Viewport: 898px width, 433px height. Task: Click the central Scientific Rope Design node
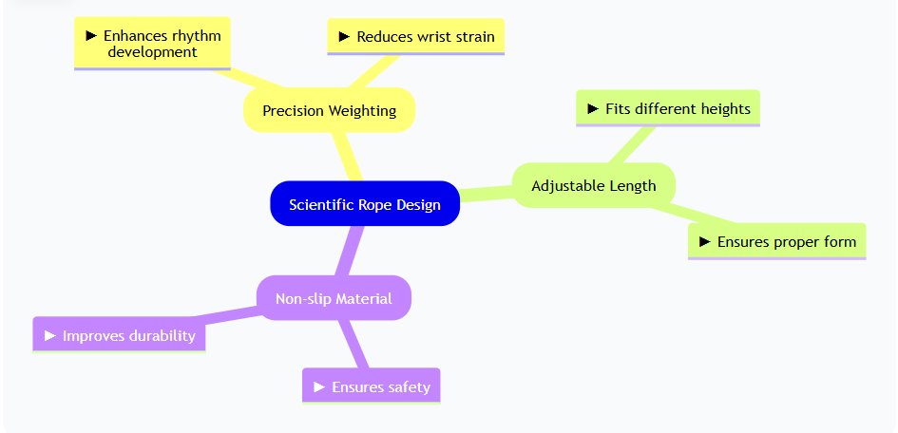click(x=365, y=204)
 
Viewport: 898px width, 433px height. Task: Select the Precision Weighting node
click(x=329, y=110)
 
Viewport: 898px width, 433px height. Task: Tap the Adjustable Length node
click(x=593, y=185)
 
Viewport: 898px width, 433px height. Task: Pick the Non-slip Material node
click(x=334, y=298)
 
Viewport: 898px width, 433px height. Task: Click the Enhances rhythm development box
click(x=152, y=44)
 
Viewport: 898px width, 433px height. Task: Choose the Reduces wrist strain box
click(x=415, y=37)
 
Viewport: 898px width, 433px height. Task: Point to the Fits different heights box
click(x=668, y=108)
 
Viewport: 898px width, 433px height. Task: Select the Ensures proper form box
click(x=776, y=241)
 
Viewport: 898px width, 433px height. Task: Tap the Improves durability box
click(x=119, y=335)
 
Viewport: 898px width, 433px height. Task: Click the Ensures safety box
click(x=371, y=386)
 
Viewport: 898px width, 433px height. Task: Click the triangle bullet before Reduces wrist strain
click(x=345, y=37)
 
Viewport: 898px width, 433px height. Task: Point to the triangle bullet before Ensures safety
click(x=320, y=386)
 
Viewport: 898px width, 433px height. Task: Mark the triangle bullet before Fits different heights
click(x=594, y=108)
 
